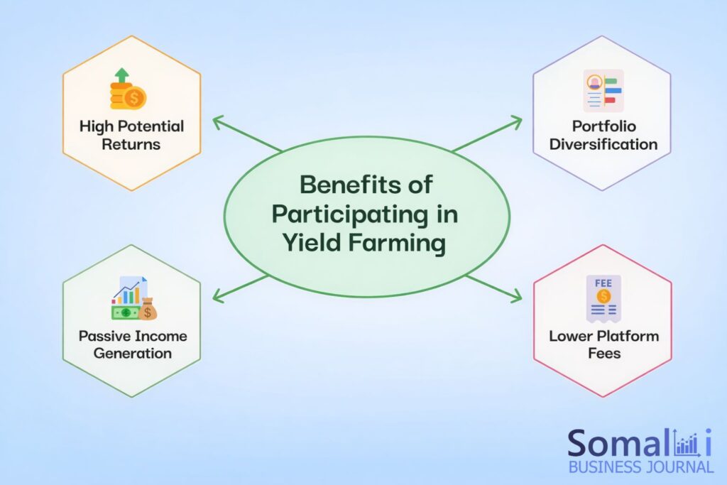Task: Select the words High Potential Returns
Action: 131,135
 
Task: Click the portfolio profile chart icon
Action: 603,90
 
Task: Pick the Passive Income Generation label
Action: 133,344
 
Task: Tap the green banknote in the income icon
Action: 125,312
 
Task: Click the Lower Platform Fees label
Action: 603,344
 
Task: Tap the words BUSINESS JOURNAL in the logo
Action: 640,467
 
